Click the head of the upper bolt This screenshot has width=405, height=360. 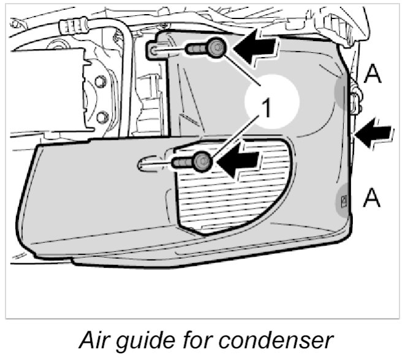216,47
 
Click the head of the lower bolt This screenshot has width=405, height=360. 202,162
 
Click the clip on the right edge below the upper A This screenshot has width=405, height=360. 355,98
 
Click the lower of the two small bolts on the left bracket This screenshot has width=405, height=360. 102,116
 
